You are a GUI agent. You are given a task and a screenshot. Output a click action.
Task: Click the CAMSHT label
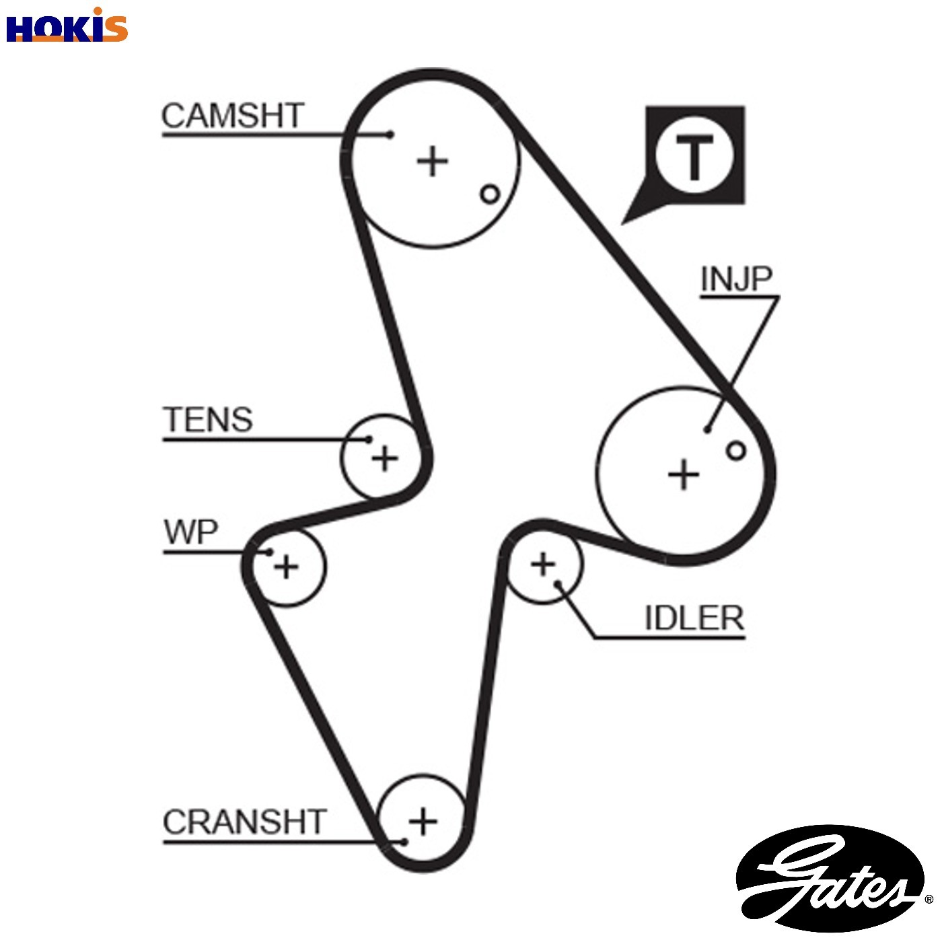233,116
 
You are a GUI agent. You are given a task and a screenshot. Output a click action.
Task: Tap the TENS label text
208,419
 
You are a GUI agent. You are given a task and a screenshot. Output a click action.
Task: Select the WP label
191,532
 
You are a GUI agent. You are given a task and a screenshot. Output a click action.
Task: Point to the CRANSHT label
244,822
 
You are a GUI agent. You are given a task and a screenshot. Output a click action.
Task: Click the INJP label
736,279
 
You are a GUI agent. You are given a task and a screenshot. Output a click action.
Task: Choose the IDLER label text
694,618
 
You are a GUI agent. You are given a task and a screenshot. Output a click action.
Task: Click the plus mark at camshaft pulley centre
432,161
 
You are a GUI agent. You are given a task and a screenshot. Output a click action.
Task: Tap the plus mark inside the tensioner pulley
385,458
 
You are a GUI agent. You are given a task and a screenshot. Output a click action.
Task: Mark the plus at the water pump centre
287,567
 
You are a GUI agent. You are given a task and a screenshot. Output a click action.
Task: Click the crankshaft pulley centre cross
423,822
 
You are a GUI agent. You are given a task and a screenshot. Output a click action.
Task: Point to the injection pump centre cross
684,474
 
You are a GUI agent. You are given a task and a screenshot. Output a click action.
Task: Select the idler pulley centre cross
543,565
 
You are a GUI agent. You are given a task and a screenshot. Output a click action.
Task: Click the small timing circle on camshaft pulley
490,194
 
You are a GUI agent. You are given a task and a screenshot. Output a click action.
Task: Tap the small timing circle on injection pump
736,451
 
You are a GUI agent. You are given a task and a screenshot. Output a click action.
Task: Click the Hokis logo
67,26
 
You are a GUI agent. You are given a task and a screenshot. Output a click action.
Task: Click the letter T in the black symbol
694,156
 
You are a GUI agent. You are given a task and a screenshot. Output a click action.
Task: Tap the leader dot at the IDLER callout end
558,583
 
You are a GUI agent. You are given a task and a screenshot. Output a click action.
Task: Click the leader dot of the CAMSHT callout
390,135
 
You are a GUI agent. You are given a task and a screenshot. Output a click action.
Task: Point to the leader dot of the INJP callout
707,430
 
